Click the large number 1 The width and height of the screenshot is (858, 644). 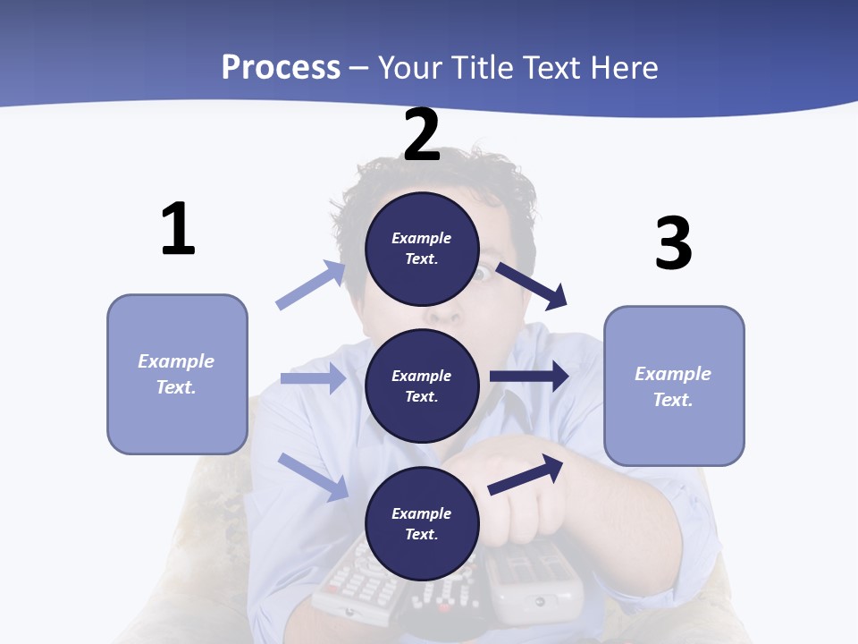click(178, 229)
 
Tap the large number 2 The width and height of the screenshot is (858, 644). click(422, 135)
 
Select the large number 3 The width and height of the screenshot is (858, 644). click(673, 242)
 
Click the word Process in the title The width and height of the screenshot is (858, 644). click(281, 67)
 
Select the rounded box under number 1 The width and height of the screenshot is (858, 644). click(177, 374)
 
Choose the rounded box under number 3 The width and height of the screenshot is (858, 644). click(674, 386)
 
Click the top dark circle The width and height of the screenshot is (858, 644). click(422, 249)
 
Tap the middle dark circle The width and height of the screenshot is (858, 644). click(422, 386)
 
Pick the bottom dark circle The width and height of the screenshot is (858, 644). click(422, 523)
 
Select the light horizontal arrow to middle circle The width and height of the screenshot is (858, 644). click(314, 378)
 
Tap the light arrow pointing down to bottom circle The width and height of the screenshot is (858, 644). click(314, 476)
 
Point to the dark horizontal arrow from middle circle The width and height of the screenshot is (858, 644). click(529, 377)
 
